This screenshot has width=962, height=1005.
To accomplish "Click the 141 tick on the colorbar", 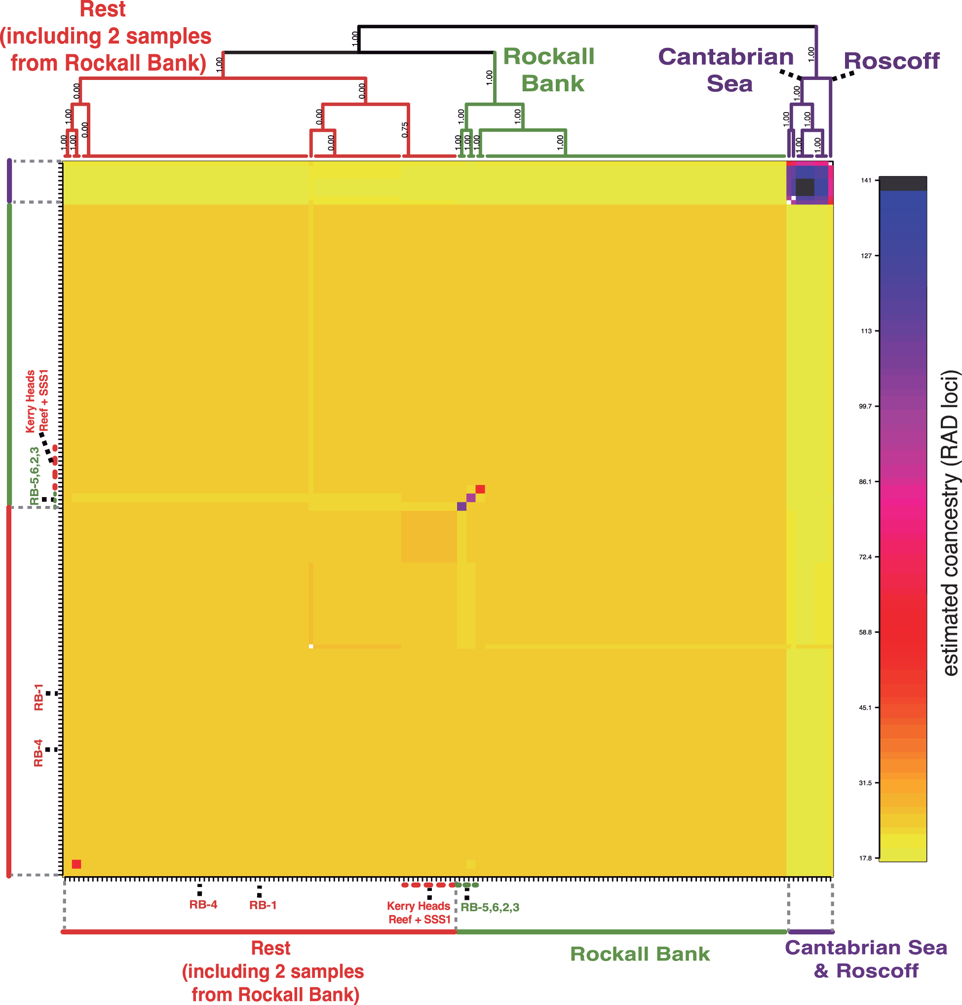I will click(x=866, y=180).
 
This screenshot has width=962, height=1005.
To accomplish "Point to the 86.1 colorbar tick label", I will click(x=865, y=481).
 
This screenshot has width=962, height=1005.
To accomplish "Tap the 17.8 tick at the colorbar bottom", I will click(x=865, y=858).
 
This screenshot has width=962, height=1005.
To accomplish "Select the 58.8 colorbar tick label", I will click(x=865, y=632).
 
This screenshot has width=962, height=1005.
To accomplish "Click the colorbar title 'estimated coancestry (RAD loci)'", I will click(x=950, y=523).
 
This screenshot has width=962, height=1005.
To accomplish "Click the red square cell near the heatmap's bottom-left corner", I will click(x=77, y=864).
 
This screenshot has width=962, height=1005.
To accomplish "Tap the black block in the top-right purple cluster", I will click(x=805, y=187).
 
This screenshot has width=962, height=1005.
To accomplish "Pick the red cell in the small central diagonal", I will click(x=480, y=489).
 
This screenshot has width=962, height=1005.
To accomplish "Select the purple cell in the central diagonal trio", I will click(x=462, y=506).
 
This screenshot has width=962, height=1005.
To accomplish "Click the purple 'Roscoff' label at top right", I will click(x=891, y=61).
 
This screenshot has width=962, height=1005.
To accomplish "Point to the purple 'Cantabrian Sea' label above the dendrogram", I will click(x=726, y=70).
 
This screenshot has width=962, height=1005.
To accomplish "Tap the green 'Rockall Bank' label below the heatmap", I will click(x=640, y=954).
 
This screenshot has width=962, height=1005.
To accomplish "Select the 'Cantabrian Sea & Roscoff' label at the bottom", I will click(x=866, y=959).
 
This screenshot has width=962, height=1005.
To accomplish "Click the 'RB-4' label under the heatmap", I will click(x=203, y=905).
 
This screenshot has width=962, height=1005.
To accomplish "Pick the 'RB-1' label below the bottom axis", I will click(x=263, y=905).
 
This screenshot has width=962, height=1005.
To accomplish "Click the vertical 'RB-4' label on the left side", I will click(x=38, y=753).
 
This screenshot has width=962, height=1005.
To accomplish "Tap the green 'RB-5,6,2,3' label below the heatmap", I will click(x=490, y=908).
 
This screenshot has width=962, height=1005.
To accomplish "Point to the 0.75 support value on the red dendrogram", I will click(x=405, y=129).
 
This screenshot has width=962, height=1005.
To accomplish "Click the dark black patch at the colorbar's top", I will click(x=902, y=183).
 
